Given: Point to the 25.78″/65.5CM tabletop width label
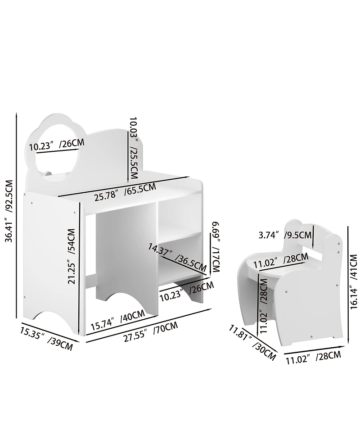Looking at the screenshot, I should (125, 192).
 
